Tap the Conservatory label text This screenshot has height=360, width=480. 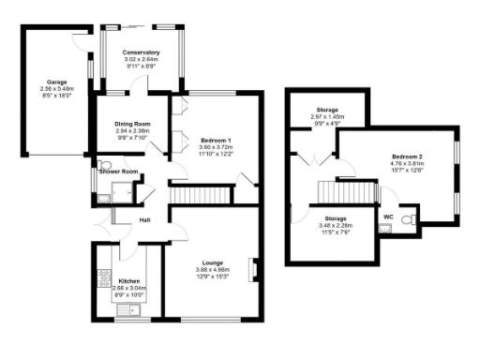click(141, 52)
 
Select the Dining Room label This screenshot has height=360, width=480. click(132, 124)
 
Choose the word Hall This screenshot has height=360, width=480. click(145, 220)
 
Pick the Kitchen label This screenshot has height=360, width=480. click(129, 279)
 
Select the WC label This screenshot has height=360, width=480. click(387, 217)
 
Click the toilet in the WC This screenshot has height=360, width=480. click(407, 219)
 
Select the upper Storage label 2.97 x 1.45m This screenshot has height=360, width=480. click(327, 116)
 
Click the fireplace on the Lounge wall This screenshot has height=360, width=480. click(251, 269)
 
